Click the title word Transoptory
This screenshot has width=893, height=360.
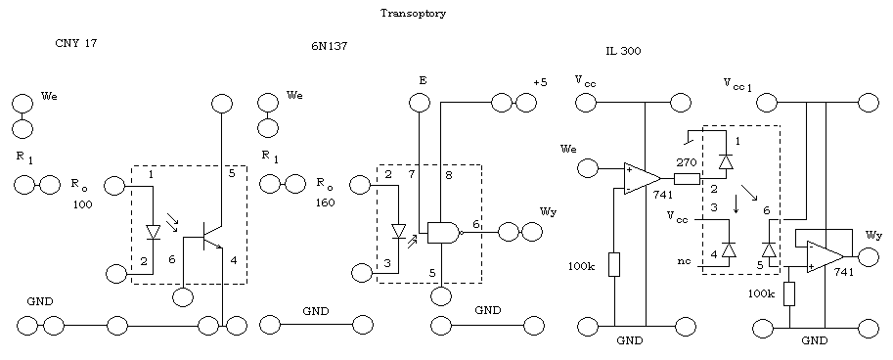(x=413, y=14)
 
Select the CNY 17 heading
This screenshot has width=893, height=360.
(x=76, y=43)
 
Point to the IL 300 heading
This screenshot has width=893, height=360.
(x=623, y=51)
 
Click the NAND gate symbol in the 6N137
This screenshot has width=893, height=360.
(x=444, y=233)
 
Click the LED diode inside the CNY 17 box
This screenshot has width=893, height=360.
(x=153, y=233)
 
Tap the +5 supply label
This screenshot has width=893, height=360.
(x=541, y=82)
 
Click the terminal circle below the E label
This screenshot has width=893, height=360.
(x=421, y=103)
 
